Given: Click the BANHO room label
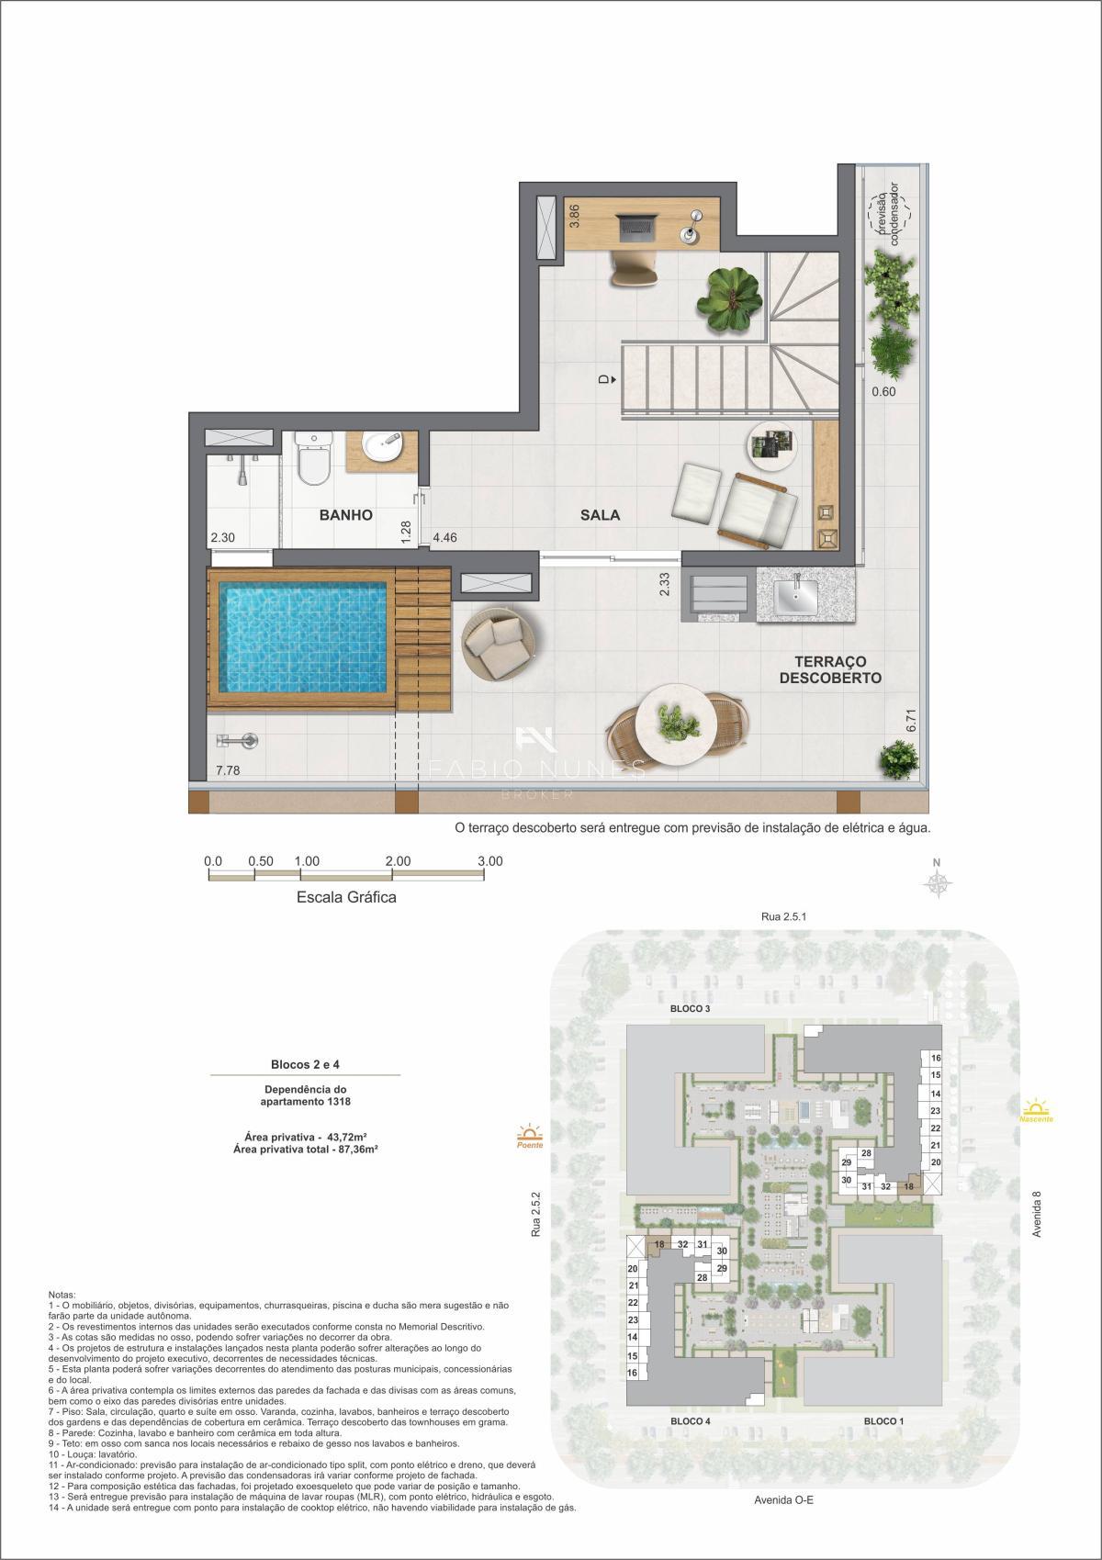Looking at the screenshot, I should point(345,515).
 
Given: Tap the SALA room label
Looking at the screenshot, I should point(600,515).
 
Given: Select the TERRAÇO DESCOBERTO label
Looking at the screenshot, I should point(830,669).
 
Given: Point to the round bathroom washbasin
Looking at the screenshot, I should point(382,447).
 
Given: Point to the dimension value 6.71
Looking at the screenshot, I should point(911,720).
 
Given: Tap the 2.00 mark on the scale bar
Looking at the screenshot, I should point(398,861).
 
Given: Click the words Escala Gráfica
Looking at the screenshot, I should point(346,897).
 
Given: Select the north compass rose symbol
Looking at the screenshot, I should point(938,883).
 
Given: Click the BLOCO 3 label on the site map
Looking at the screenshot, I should point(690,1008).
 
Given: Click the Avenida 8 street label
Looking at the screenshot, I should point(1037,1214).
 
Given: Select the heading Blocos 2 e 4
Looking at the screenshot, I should point(306,1064).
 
